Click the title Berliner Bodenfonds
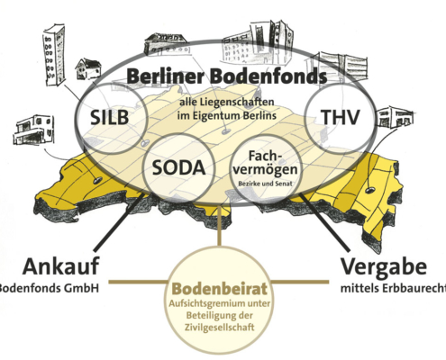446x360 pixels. pyautogui.click(x=227, y=76)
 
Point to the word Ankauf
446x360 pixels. pyautogui.click(x=60, y=266)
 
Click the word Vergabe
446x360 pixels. pyautogui.click(x=384, y=266)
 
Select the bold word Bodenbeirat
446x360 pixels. pyautogui.click(x=220, y=289)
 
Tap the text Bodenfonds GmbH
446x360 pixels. pyautogui.click(x=49, y=288)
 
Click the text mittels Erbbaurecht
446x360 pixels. pyautogui.click(x=394, y=289)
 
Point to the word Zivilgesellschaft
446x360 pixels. pyautogui.click(x=220, y=327)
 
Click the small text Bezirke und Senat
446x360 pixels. pyautogui.click(x=265, y=184)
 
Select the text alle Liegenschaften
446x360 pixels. pyautogui.click(x=227, y=102)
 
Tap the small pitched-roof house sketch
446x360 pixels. pyautogui.click(x=88, y=68)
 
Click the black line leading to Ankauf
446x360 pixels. pyautogui.click(x=119, y=221)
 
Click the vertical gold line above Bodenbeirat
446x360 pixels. pyautogui.click(x=220, y=224)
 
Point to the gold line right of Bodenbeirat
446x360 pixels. pyautogui.click(x=300, y=282)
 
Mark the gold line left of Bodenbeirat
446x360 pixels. pyautogui.click(x=138, y=282)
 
